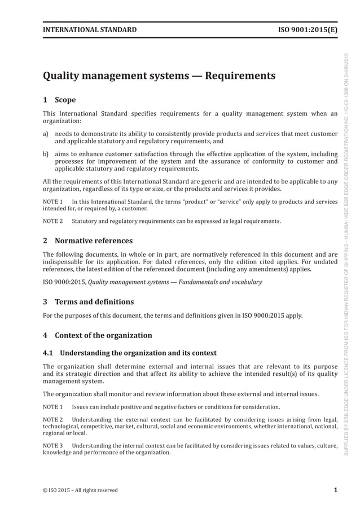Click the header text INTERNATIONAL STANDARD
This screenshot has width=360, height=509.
90,29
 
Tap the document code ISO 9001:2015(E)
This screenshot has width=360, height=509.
308,29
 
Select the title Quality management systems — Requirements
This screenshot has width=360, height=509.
159,76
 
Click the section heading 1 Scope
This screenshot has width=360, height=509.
59,100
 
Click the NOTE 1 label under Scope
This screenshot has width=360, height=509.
52,201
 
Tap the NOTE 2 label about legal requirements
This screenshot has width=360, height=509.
52,221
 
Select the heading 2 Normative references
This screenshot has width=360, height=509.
88,241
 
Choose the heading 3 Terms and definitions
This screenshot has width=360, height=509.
89,302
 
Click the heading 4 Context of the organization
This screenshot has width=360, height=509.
98,335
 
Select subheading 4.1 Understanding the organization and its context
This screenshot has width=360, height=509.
130,353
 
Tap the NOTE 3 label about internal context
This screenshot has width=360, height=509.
52,446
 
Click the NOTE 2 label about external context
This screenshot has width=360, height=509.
52,419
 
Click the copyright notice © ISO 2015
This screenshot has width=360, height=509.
80,490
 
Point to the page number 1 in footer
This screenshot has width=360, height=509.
335,490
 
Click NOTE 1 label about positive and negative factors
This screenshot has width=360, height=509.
52,407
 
